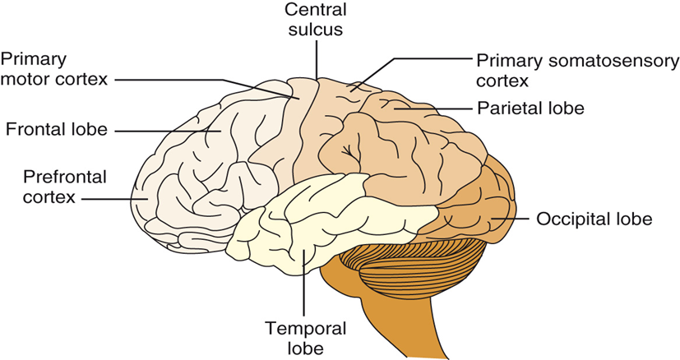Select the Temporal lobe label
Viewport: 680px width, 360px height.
tap(307, 338)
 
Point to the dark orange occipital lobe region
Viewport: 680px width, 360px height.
tap(485, 214)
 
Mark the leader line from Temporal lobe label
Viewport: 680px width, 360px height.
tap(306, 284)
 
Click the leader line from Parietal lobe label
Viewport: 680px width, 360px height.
tap(436, 108)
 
